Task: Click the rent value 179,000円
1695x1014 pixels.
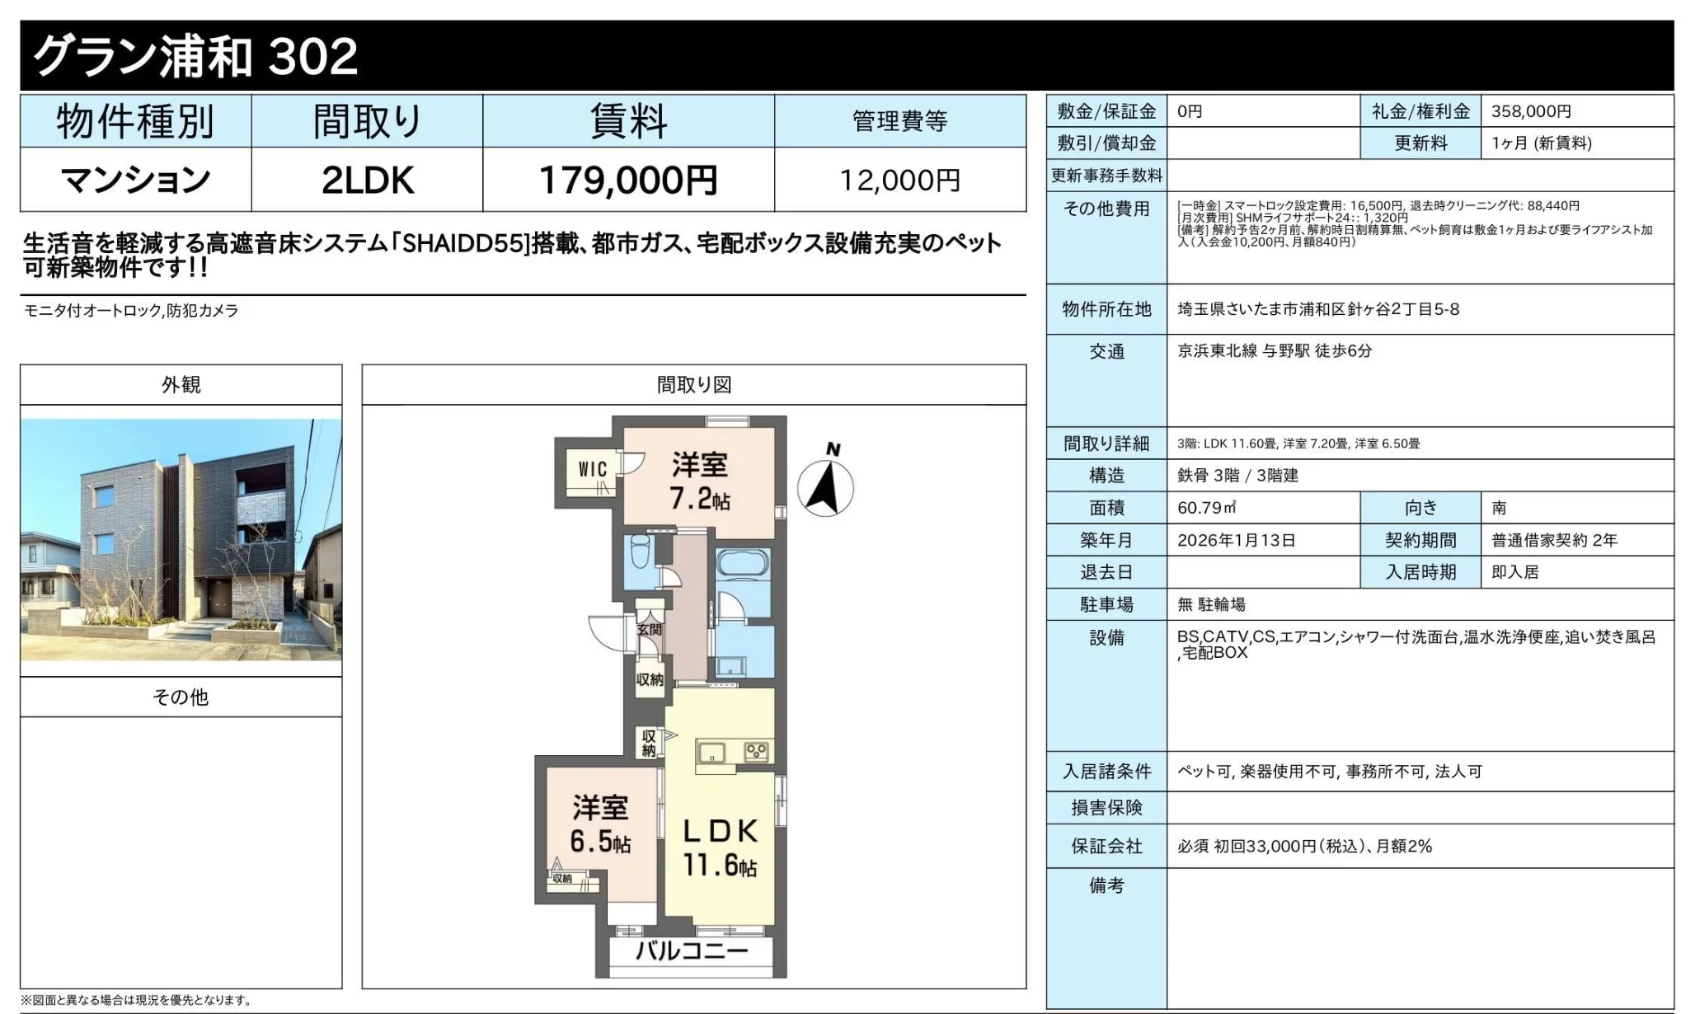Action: pyautogui.click(x=628, y=180)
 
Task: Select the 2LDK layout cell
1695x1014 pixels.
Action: pyautogui.click(x=367, y=180)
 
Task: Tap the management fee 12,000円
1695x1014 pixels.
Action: pyautogui.click(x=899, y=180)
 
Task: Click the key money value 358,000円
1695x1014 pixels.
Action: pyautogui.click(x=1531, y=111)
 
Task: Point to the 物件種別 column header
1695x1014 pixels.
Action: pyautogui.click(x=135, y=122)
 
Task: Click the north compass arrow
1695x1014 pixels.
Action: pyautogui.click(x=825, y=486)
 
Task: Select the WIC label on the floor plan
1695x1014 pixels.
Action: pyautogui.click(x=593, y=469)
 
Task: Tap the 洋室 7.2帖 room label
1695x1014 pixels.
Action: pyautogui.click(x=700, y=481)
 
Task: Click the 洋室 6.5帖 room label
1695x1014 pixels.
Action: pyautogui.click(x=600, y=824)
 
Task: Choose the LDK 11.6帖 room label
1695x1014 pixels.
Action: pyautogui.click(x=720, y=847)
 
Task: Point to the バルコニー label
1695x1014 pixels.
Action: pyautogui.click(x=692, y=951)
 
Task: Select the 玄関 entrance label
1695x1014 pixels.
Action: pyautogui.click(x=650, y=629)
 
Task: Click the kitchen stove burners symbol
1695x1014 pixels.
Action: pyautogui.click(x=756, y=752)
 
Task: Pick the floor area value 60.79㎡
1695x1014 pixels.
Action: pyautogui.click(x=1207, y=508)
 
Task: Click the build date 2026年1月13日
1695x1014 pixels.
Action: pyautogui.click(x=1237, y=540)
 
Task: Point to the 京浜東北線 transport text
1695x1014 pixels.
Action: pyautogui.click(x=1217, y=350)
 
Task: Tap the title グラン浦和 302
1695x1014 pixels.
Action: pyautogui.click(x=195, y=56)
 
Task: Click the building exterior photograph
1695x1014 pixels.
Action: pyautogui.click(x=181, y=540)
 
